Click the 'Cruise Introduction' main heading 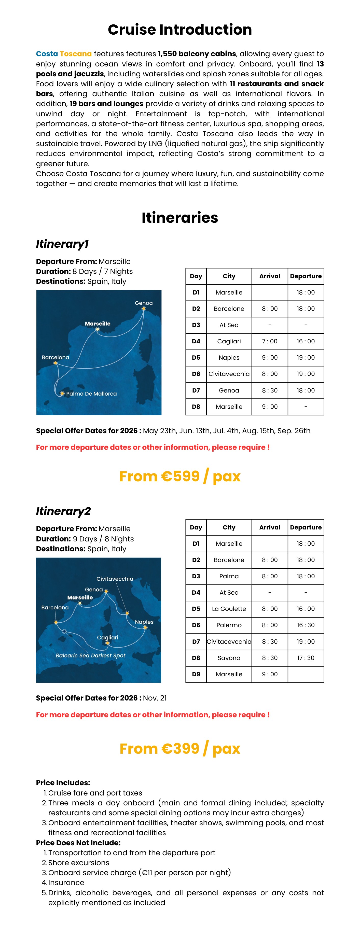tap(180, 30)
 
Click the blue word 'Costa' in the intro tap(47, 54)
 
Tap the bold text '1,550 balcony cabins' tap(197, 54)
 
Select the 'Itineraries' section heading tap(180, 218)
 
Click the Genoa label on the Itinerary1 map tap(144, 303)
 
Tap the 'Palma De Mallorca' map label tap(91, 394)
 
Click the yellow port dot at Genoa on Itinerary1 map tap(144, 309)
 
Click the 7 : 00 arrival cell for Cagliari tap(269, 341)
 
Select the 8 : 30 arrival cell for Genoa tap(269, 390)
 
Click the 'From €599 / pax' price tap(180, 476)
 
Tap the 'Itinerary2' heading tap(63, 511)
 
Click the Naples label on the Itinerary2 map tap(144, 622)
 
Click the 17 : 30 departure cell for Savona tap(306, 658)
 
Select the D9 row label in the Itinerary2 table tap(196, 674)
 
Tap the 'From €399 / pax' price tap(180, 749)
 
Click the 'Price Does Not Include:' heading tap(78, 843)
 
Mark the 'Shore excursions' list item tap(79, 863)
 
